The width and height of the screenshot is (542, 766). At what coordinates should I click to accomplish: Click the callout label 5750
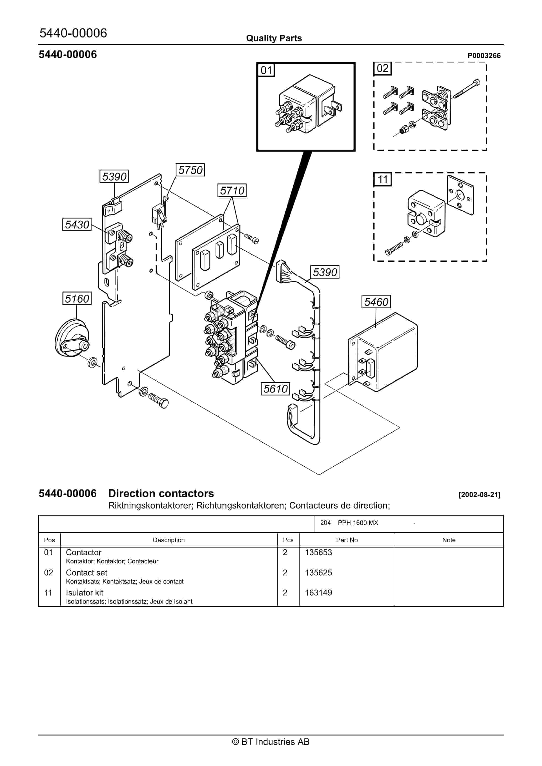190,170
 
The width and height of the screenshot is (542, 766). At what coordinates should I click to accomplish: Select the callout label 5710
232,191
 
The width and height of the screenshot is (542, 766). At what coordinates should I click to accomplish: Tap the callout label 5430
77,224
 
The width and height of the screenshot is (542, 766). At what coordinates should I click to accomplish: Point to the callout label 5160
77,298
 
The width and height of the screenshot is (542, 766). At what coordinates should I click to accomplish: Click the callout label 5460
376,302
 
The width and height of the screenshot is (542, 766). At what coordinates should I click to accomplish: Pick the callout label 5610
275,388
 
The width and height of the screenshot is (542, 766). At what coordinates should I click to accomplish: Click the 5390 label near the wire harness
325,272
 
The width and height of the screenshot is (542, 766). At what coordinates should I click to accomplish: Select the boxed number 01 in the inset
266,70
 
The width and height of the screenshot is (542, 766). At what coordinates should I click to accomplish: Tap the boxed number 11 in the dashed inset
382,179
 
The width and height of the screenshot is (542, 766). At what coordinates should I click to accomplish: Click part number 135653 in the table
318,552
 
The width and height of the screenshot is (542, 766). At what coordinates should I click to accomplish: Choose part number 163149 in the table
318,592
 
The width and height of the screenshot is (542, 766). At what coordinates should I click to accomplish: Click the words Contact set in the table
87,572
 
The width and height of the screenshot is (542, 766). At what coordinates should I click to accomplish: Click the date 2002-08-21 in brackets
480,494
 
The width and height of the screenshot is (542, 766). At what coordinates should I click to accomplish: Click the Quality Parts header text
274,38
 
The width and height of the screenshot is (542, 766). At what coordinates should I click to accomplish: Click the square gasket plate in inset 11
460,195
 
